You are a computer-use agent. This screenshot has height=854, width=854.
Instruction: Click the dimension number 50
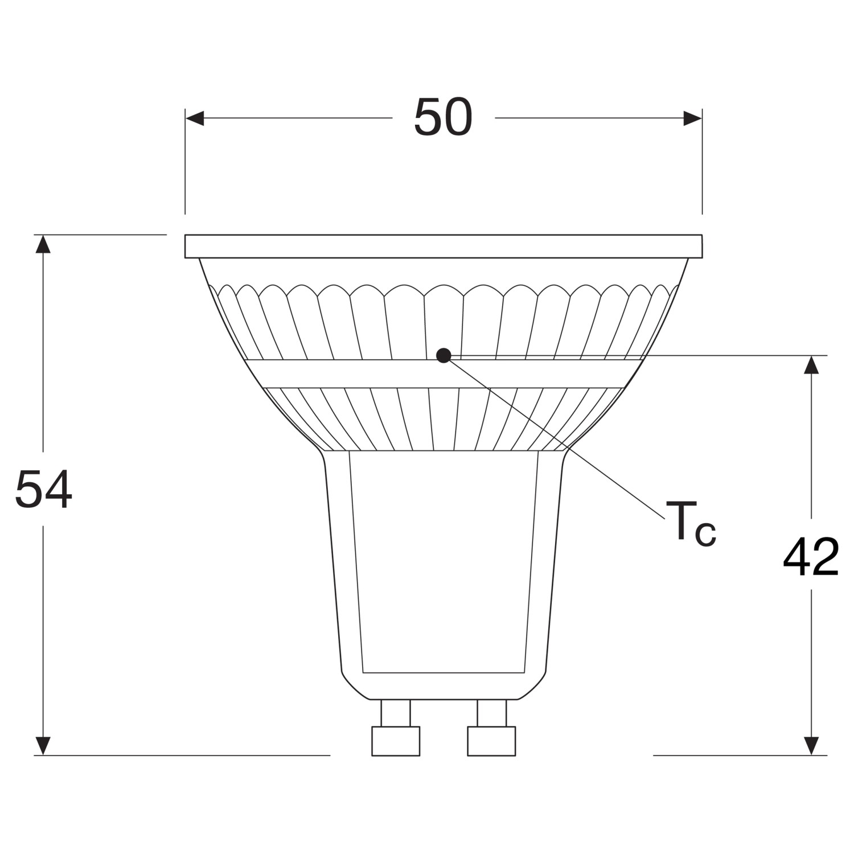point(443,117)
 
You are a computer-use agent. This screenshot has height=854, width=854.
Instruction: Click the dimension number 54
point(43,490)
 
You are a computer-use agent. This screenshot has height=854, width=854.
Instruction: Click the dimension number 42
point(811,557)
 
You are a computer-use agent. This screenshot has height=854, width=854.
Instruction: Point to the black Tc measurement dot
point(444,356)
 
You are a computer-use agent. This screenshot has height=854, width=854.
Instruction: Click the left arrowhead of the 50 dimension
point(195,118)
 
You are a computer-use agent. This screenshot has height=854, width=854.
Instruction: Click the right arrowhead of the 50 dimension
point(692,118)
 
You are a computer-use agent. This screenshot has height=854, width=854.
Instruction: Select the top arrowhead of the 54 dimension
point(43,244)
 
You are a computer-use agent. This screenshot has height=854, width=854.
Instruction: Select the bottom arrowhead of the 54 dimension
point(43,746)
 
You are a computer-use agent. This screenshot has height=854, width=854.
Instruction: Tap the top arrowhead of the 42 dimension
point(811,364)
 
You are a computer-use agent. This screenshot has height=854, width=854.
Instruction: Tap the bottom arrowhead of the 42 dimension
point(811,746)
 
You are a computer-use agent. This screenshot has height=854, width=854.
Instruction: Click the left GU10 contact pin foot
point(396,741)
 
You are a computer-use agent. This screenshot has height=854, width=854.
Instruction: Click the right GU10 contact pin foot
point(491,741)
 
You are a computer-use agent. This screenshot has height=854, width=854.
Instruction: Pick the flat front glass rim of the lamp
point(443,246)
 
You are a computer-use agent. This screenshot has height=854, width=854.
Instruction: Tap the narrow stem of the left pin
point(396,713)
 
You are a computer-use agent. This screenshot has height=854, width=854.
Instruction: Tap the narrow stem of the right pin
point(491,713)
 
